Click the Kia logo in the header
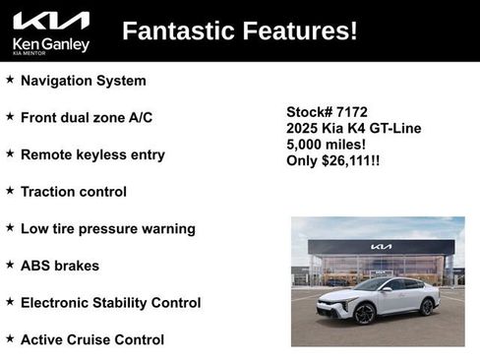click(x=51, y=21)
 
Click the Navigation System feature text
click(x=83, y=81)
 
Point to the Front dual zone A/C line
click(x=87, y=117)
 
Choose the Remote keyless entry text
click(x=92, y=154)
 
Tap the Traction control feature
click(x=74, y=192)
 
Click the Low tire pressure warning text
click(x=108, y=228)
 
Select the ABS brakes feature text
click(x=60, y=266)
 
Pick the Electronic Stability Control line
click(x=110, y=303)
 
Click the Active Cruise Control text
click(x=92, y=339)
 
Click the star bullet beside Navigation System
click(x=10, y=80)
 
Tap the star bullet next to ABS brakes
click(x=10, y=265)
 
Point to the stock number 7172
click(x=352, y=112)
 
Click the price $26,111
click(x=348, y=160)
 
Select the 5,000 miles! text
click(x=321, y=145)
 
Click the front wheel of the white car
click(x=364, y=314)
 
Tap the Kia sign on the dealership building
click(x=381, y=247)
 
